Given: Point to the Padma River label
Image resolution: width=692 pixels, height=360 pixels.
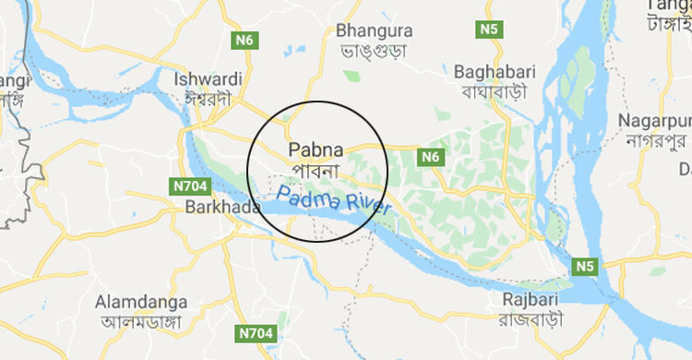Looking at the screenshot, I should coord(329,202).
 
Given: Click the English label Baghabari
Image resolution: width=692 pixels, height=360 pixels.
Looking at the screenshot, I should coord(491,71).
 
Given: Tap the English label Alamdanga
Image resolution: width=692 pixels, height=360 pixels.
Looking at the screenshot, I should coord(141,302).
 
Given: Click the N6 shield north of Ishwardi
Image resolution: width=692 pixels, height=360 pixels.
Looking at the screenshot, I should coord(244,40).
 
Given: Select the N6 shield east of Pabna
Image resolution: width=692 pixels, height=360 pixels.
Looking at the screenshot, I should coord(429,157).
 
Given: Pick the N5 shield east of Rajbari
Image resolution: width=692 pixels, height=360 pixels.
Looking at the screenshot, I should coord(584,266).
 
